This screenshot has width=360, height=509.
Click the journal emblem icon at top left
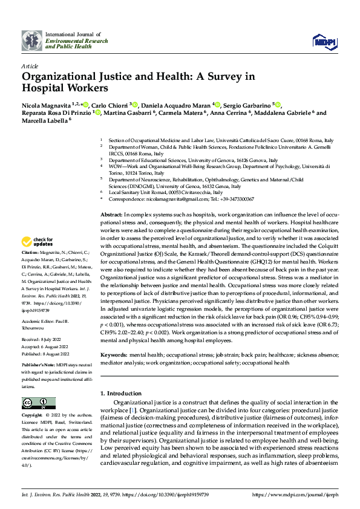tap(32, 41)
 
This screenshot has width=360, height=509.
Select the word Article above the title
tap(30, 66)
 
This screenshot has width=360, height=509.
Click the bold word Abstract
tap(111, 215)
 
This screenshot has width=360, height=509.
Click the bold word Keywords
tap(114, 355)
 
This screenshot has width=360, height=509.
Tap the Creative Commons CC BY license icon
tap(38, 403)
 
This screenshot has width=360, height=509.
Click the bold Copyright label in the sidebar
tap(32, 416)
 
